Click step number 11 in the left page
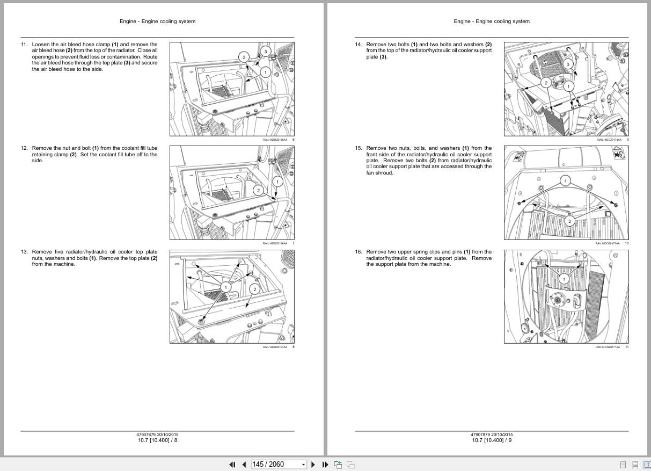pyautogui.click(x=24, y=45)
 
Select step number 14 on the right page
pyautogui.click(x=358, y=45)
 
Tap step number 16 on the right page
pyautogui.click(x=358, y=252)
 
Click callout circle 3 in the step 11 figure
pyautogui.click(x=265, y=52)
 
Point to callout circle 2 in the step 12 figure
pyautogui.click(x=258, y=191)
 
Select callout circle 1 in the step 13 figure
pyautogui.click(x=226, y=288)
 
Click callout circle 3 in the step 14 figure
pyautogui.click(x=570, y=65)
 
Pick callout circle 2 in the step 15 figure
pyautogui.click(x=570, y=221)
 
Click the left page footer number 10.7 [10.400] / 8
pyautogui.click(x=157, y=440)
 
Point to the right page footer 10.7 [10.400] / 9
pyautogui.click(x=492, y=440)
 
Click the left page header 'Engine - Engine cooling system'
pyautogui.click(x=157, y=21)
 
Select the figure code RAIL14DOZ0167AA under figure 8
pyautogui.click(x=275, y=347)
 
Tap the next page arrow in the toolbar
pyautogui.click(x=313, y=465)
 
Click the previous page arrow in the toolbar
pyautogui.click(x=244, y=465)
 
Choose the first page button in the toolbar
pyautogui.click(x=232, y=465)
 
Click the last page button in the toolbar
pyautogui.click(x=325, y=465)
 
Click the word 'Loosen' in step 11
pyautogui.click(x=41, y=45)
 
